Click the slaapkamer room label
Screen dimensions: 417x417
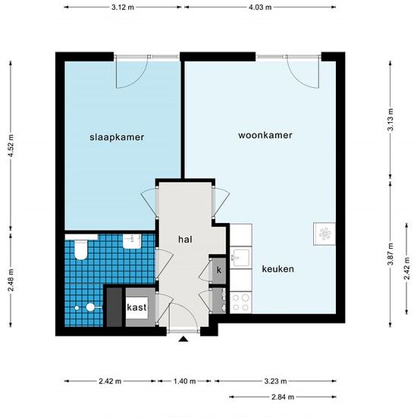pos(117,137)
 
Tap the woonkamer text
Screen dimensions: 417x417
pos(265,135)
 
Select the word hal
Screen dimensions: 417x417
pos(185,239)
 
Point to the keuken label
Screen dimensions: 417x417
pos(278,269)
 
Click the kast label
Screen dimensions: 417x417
pos(137,307)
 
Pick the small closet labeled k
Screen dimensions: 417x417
pos(218,270)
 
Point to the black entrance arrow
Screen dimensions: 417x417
pos(183,340)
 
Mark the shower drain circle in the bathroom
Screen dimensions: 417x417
pos(89,308)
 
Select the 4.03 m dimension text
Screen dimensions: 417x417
pos(262,7)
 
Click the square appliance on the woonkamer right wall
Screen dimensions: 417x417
pos(325,233)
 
